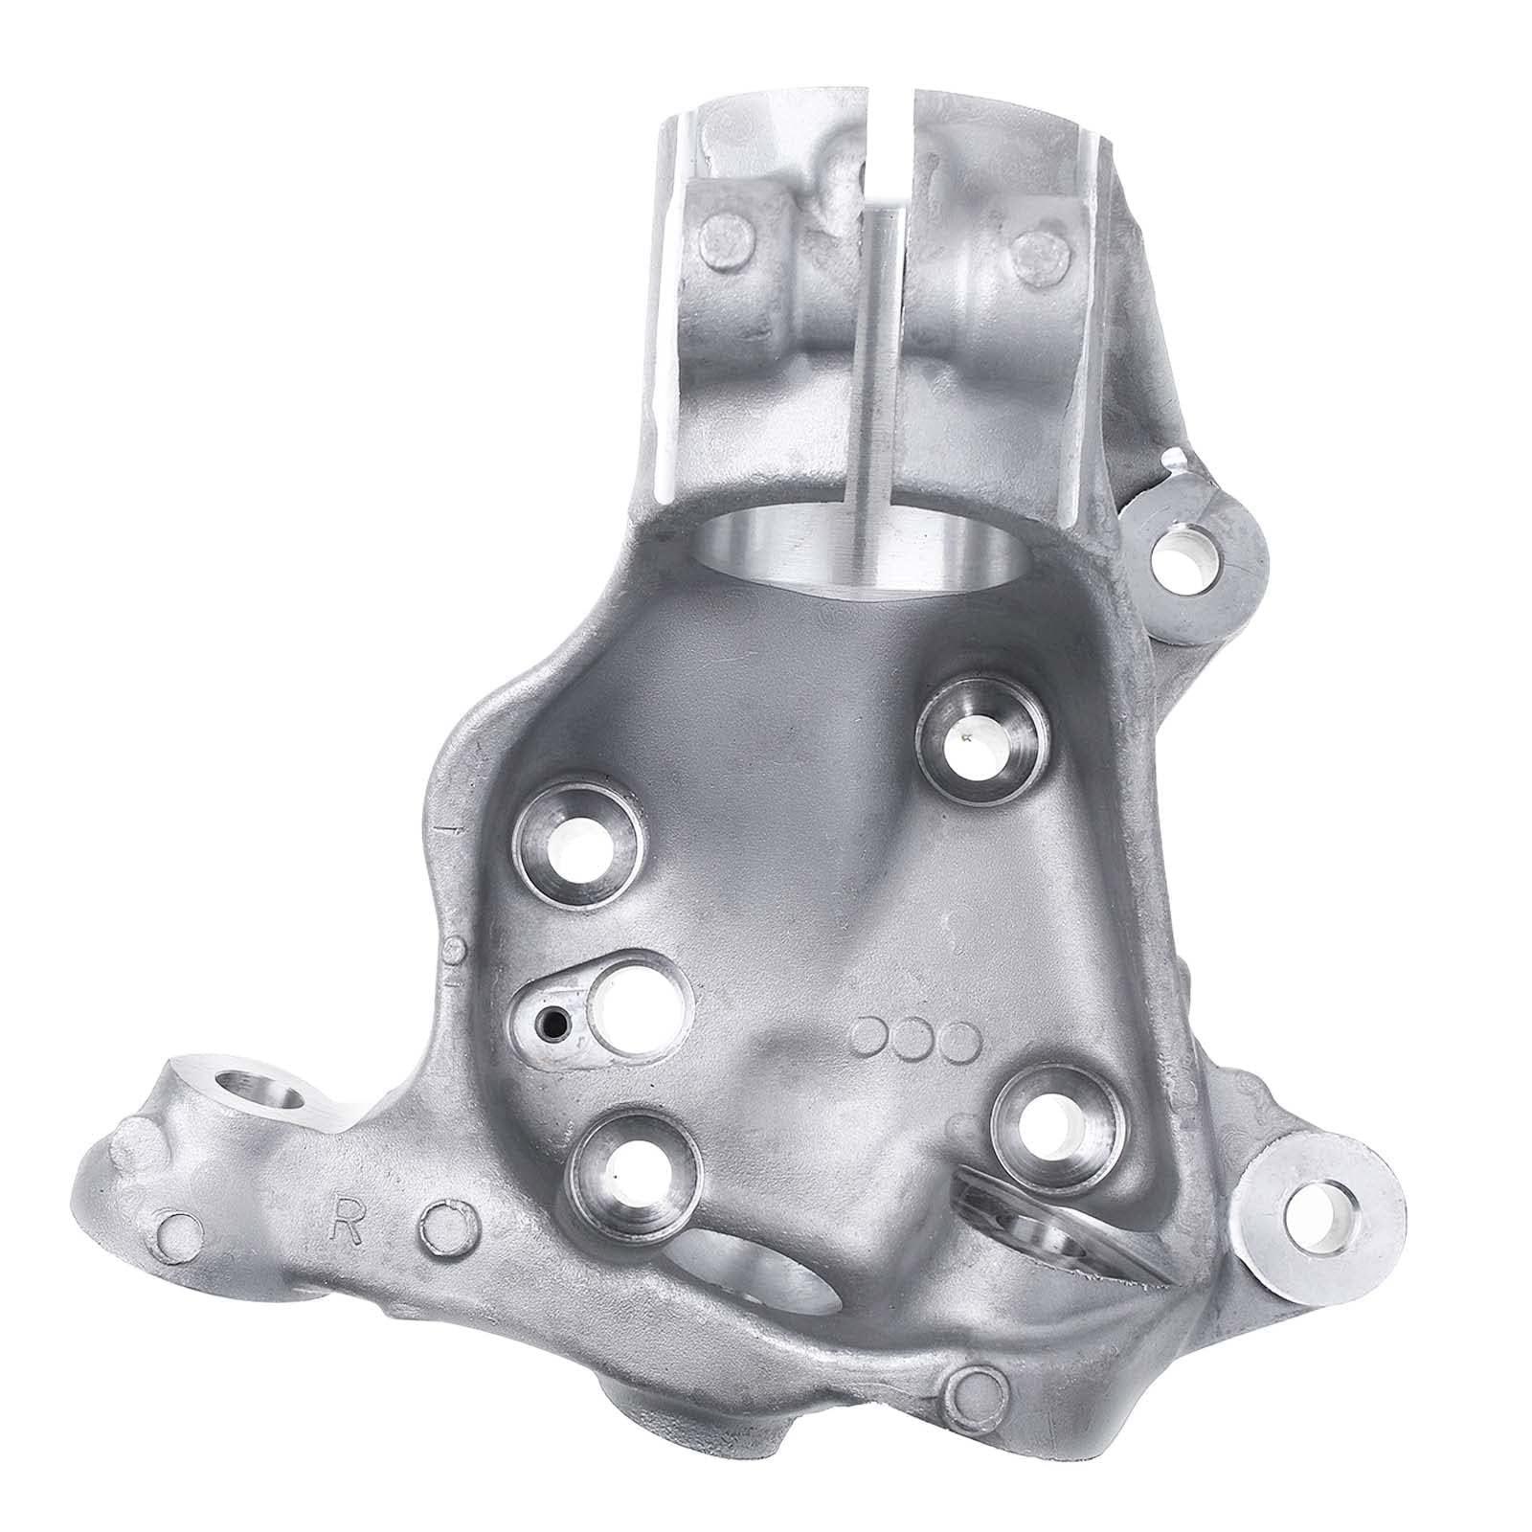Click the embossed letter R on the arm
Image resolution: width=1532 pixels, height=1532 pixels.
(x=346, y=1229)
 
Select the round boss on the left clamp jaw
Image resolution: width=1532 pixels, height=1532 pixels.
(x=720, y=233)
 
